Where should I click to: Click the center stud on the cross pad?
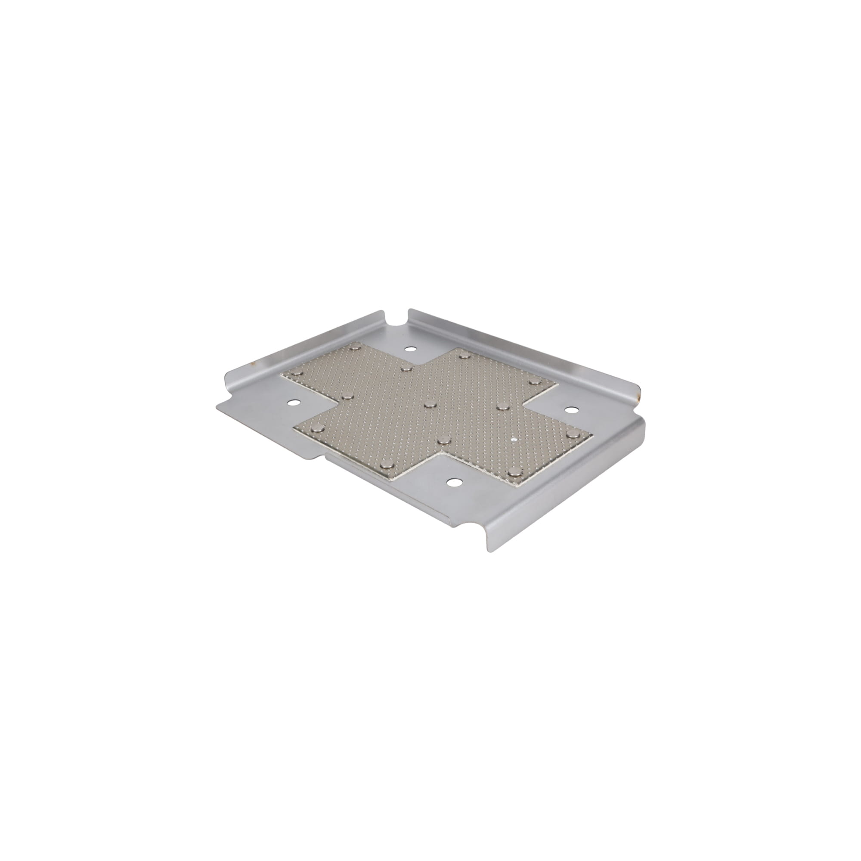point(430,404)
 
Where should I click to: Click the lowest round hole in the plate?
point(454,482)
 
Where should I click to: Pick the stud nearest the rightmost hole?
point(533,380)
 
